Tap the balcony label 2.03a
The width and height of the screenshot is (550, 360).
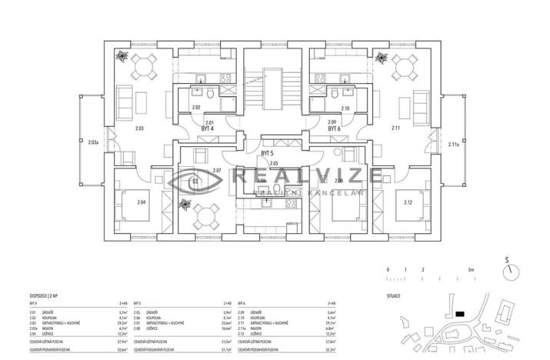point(92,143)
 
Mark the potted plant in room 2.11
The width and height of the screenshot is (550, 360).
point(379,56)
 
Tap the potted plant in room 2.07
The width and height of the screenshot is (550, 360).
point(185,205)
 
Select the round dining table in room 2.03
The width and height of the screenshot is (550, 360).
point(143,68)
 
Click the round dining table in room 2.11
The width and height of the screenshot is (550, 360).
point(403,68)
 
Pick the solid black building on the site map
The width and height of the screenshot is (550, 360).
point(459,313)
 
